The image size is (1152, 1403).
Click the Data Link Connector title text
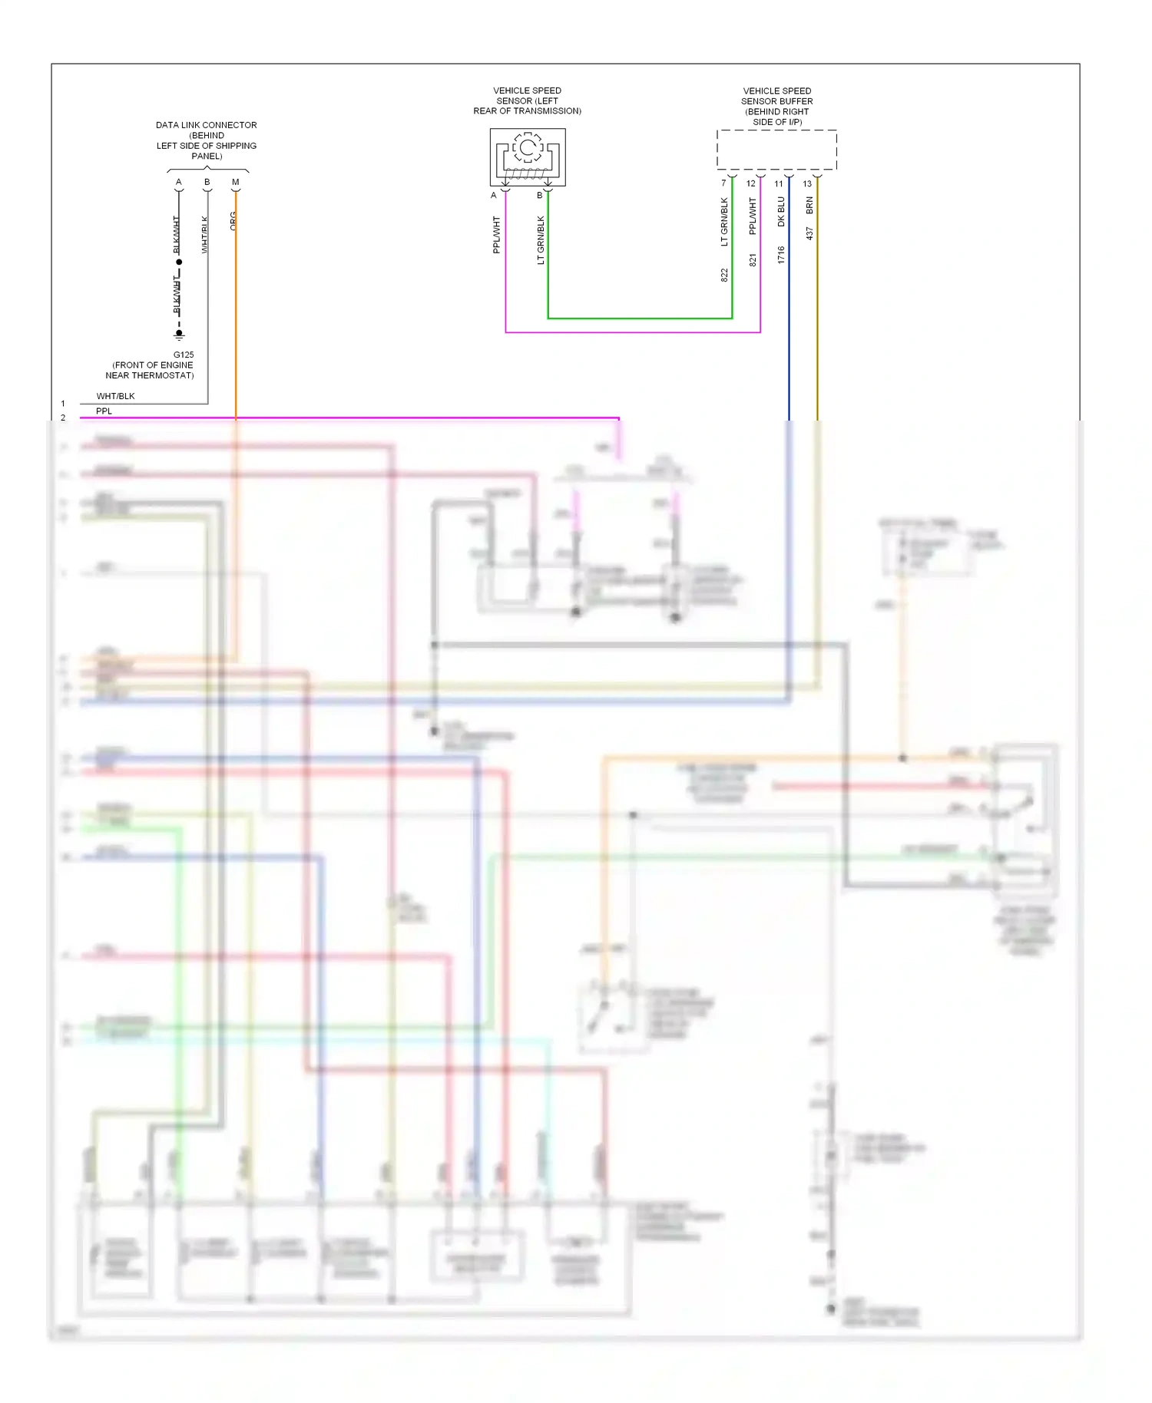pos(206,140)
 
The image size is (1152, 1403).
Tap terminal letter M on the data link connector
pos(236,183)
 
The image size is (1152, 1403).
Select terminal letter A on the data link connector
pos(179,183)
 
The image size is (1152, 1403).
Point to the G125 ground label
pos(184,355)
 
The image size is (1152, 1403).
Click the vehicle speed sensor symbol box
pos(528,157)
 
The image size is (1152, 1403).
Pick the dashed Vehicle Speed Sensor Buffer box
pos(776,150)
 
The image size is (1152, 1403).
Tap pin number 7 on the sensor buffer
pos(723,183)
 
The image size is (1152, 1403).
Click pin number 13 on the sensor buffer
pos(807,183)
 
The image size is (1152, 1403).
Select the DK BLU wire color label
pos(781,211)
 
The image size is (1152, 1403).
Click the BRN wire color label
pos(809,205)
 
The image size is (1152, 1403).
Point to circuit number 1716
pos(781,255)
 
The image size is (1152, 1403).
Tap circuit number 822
pos(724,275)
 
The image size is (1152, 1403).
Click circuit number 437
pos(809,233)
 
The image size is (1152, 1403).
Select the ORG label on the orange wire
pos(233,220)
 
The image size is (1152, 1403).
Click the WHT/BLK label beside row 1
pos(115,396)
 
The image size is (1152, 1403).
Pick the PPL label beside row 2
pos(104,411)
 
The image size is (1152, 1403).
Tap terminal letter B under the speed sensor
pos(539,195)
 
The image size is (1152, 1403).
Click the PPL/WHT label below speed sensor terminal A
pos(497,234)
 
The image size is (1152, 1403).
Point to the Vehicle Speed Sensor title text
pos(527,101)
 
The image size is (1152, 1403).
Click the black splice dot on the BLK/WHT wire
pos(179,262)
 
